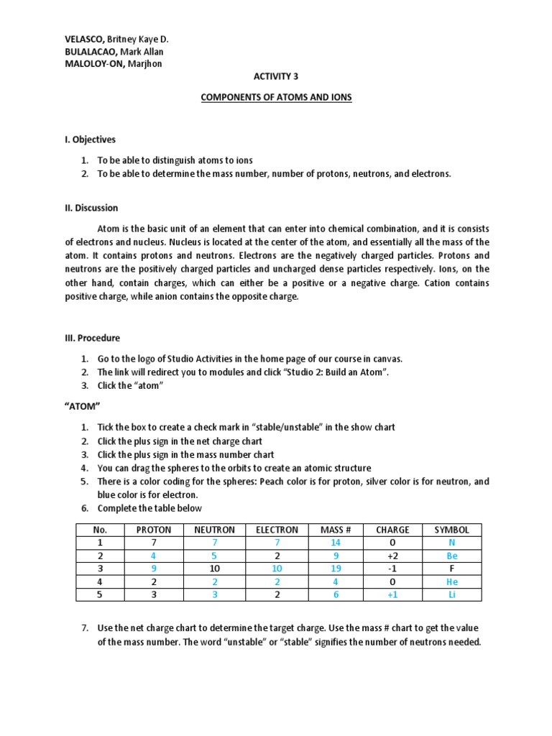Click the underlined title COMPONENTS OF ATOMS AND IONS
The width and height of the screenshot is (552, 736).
(276, 97)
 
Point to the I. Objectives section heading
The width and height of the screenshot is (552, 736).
(90, 139)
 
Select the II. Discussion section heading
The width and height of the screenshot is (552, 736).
(91, 208)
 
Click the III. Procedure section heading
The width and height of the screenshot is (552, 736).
(93, 338)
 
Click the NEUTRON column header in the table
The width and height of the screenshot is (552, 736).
(214, 530)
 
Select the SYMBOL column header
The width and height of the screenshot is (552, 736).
(451, 530)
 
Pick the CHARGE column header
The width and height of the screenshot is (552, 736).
(392, 530)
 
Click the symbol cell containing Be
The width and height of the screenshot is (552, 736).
(451, 556)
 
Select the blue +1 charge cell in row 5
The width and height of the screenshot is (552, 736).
(392, 594)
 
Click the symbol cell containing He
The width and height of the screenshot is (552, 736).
(451, 581)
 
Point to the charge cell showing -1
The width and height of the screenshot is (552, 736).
(392, 569)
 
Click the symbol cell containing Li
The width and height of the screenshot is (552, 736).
(451, 594)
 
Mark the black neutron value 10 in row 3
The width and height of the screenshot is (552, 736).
(214, 569)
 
